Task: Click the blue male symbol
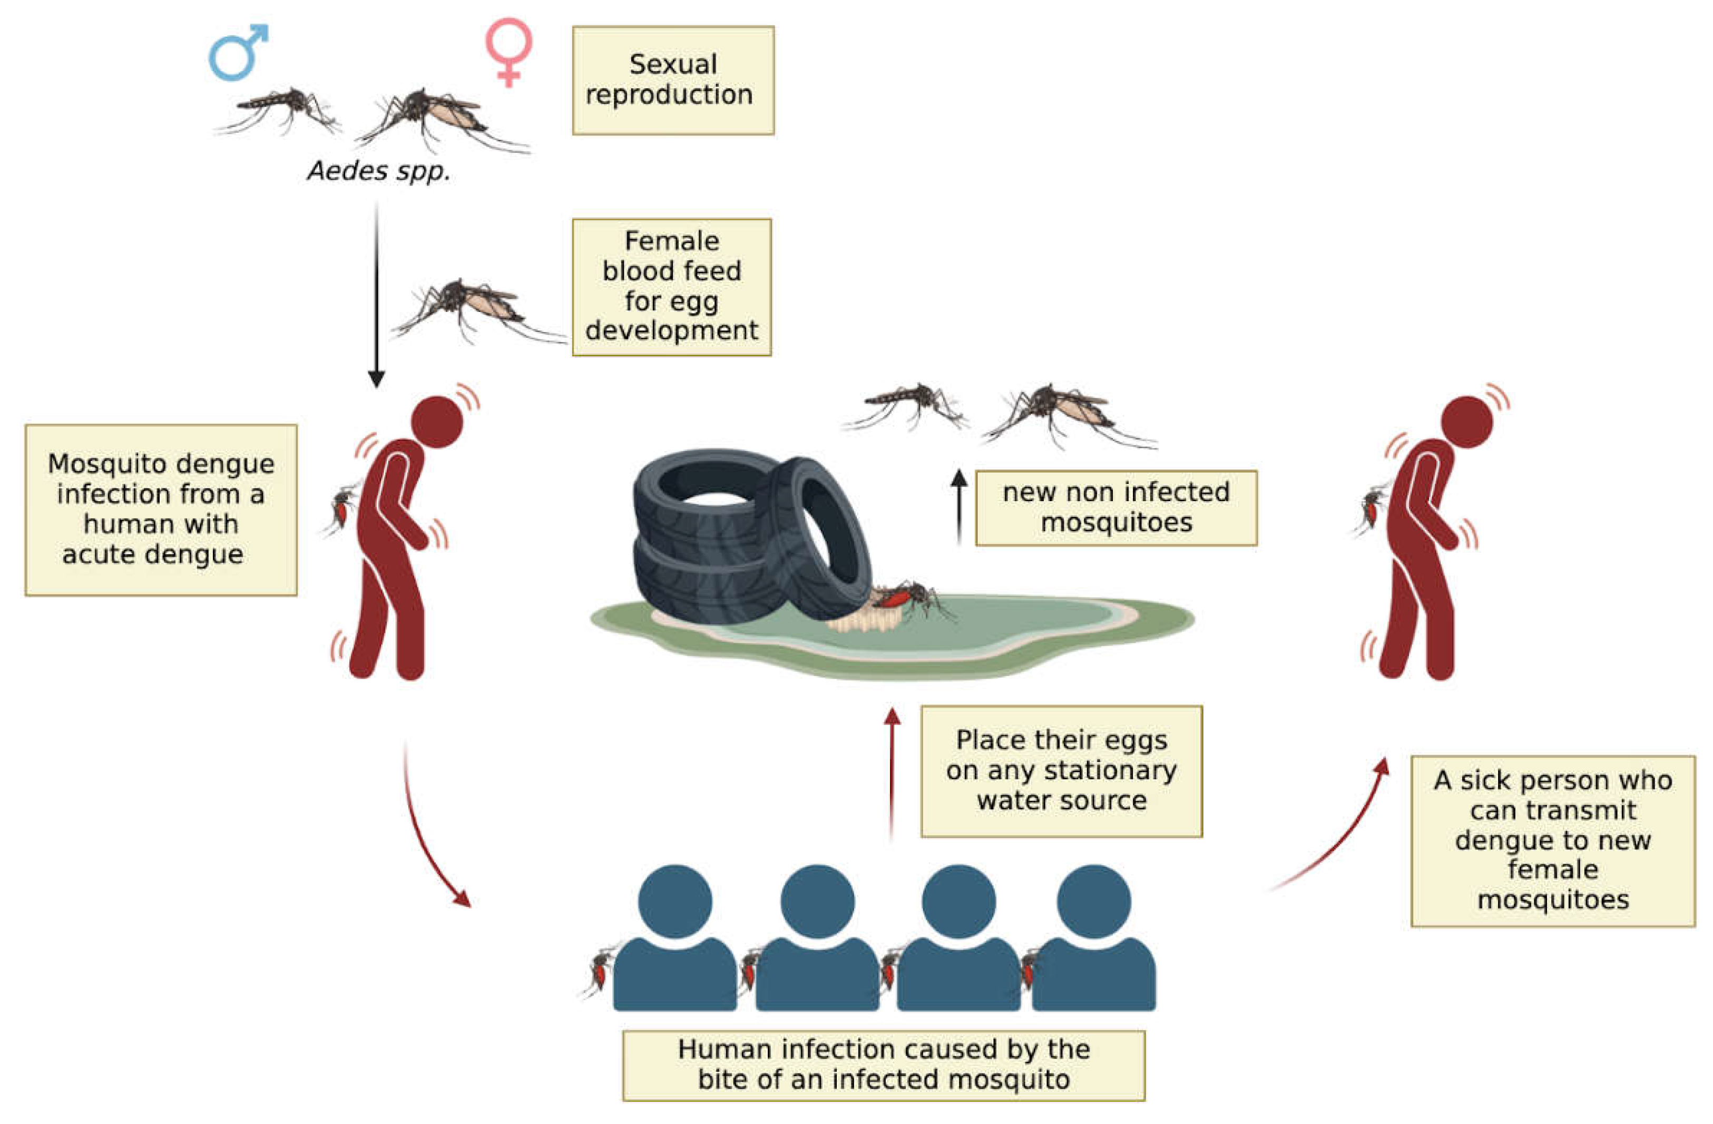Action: (236, 53)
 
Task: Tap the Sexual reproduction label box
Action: (673, 80)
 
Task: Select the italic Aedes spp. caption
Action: (378, 171)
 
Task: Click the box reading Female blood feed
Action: (671, 286)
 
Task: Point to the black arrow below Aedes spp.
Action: (376, 295)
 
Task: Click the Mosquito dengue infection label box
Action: (161, 510)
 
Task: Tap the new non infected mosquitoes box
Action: (1115, 507)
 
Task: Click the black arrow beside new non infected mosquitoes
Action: (958, 507)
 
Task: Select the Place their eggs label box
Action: (1062, 771)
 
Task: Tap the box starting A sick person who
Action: (1552, 840)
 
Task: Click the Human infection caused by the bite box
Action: (884, 1065)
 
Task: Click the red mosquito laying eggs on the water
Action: (908, 596)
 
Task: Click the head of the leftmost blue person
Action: (675, 901)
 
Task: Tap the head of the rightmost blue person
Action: (1093, 901)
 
